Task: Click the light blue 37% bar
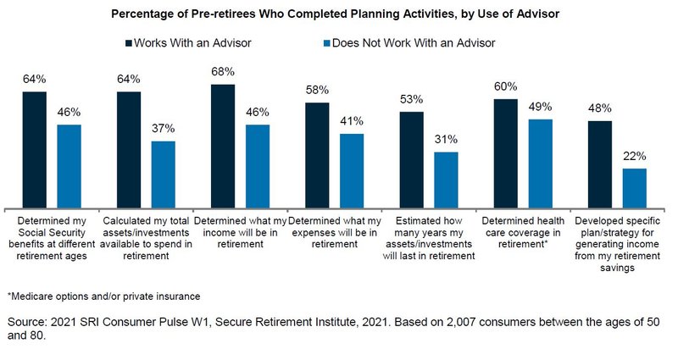coord(163,174)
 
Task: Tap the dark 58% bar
coord(317,156)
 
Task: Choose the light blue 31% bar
coord(446,180)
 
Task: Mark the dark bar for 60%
coord(505,153)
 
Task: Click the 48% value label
coord(600,108)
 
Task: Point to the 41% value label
coord(351,121)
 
